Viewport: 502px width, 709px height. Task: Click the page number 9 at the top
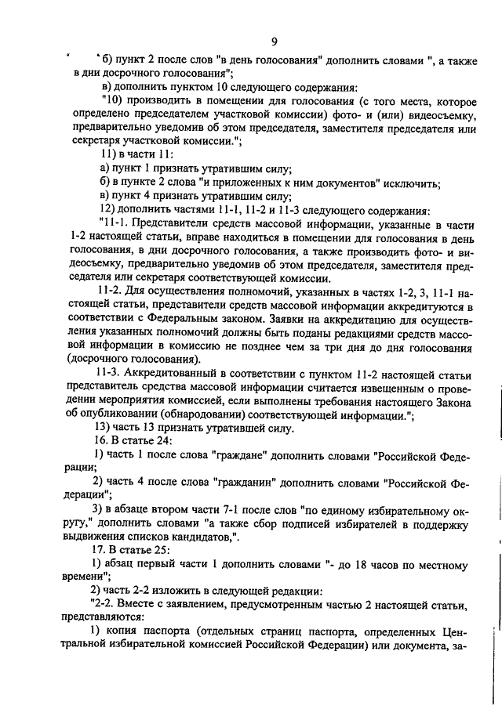pos(274,42)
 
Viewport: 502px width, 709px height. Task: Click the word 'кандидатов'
pos(196,537)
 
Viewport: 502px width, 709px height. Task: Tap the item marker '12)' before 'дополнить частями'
pos(106,211)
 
